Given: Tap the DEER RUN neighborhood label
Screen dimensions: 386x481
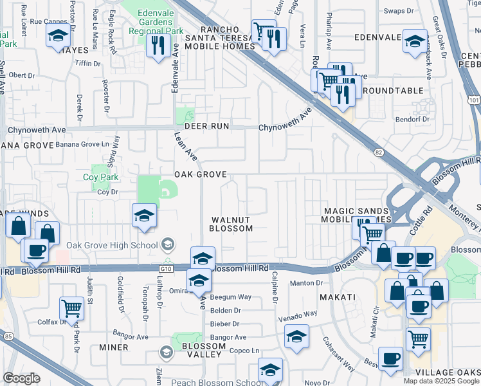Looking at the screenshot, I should click(207, 126).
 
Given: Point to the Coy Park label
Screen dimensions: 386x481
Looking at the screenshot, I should click(97, 177).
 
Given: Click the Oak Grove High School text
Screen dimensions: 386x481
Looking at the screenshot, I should click(112, 245).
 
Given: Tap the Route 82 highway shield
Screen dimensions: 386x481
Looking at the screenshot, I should click(379, 152).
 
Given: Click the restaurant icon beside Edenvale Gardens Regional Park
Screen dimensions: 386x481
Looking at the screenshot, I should click(157, 45).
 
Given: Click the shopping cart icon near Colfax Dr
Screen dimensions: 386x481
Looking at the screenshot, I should click(71, 308).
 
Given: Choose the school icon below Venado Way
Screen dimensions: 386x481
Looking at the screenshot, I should click(296, 336).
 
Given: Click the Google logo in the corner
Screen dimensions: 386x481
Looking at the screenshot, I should click(21, 378).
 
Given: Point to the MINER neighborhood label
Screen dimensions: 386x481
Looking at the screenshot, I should click(114, 347).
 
